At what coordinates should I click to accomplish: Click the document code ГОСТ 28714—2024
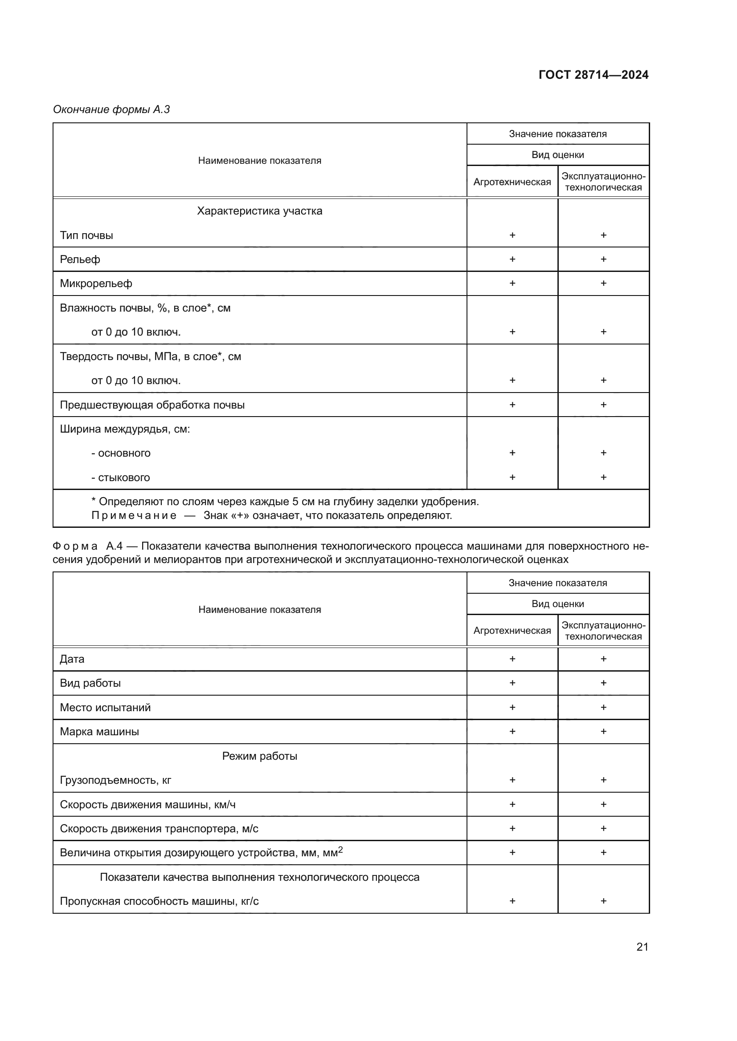(x=593, y=75)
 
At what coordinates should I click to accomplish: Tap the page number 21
(x=642, y=947)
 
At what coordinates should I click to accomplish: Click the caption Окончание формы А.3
(x=111, y=109)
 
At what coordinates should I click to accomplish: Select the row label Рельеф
(x=80, y=259)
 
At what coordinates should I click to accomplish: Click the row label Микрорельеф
(x=96, y=284)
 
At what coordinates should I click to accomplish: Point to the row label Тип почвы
(x=86, y=235)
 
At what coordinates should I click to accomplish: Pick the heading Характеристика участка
(x=260, y=211)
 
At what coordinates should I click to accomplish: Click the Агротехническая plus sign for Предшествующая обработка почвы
(x=512, y=405)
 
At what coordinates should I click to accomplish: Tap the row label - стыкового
(x=120, y=478)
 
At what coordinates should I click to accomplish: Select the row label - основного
(x=121, y=453)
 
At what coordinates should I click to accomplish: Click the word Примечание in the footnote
(x=134, y=515)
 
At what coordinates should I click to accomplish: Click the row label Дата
(x=72, y=659)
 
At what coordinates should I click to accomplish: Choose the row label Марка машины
(x=99, y=732)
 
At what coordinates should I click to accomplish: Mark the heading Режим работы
(x=260, y=756)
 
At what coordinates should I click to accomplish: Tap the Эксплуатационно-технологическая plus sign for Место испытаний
(x=603, y=707)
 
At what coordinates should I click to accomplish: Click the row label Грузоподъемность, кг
(x=115, y=780)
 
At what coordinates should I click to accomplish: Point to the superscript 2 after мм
(x=340, y=850)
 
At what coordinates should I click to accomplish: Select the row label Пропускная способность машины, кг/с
(x=159, y=901)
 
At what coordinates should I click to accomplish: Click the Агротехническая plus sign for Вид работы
(x=512, y=683)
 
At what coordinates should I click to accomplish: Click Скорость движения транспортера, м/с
(x=159, y=828)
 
